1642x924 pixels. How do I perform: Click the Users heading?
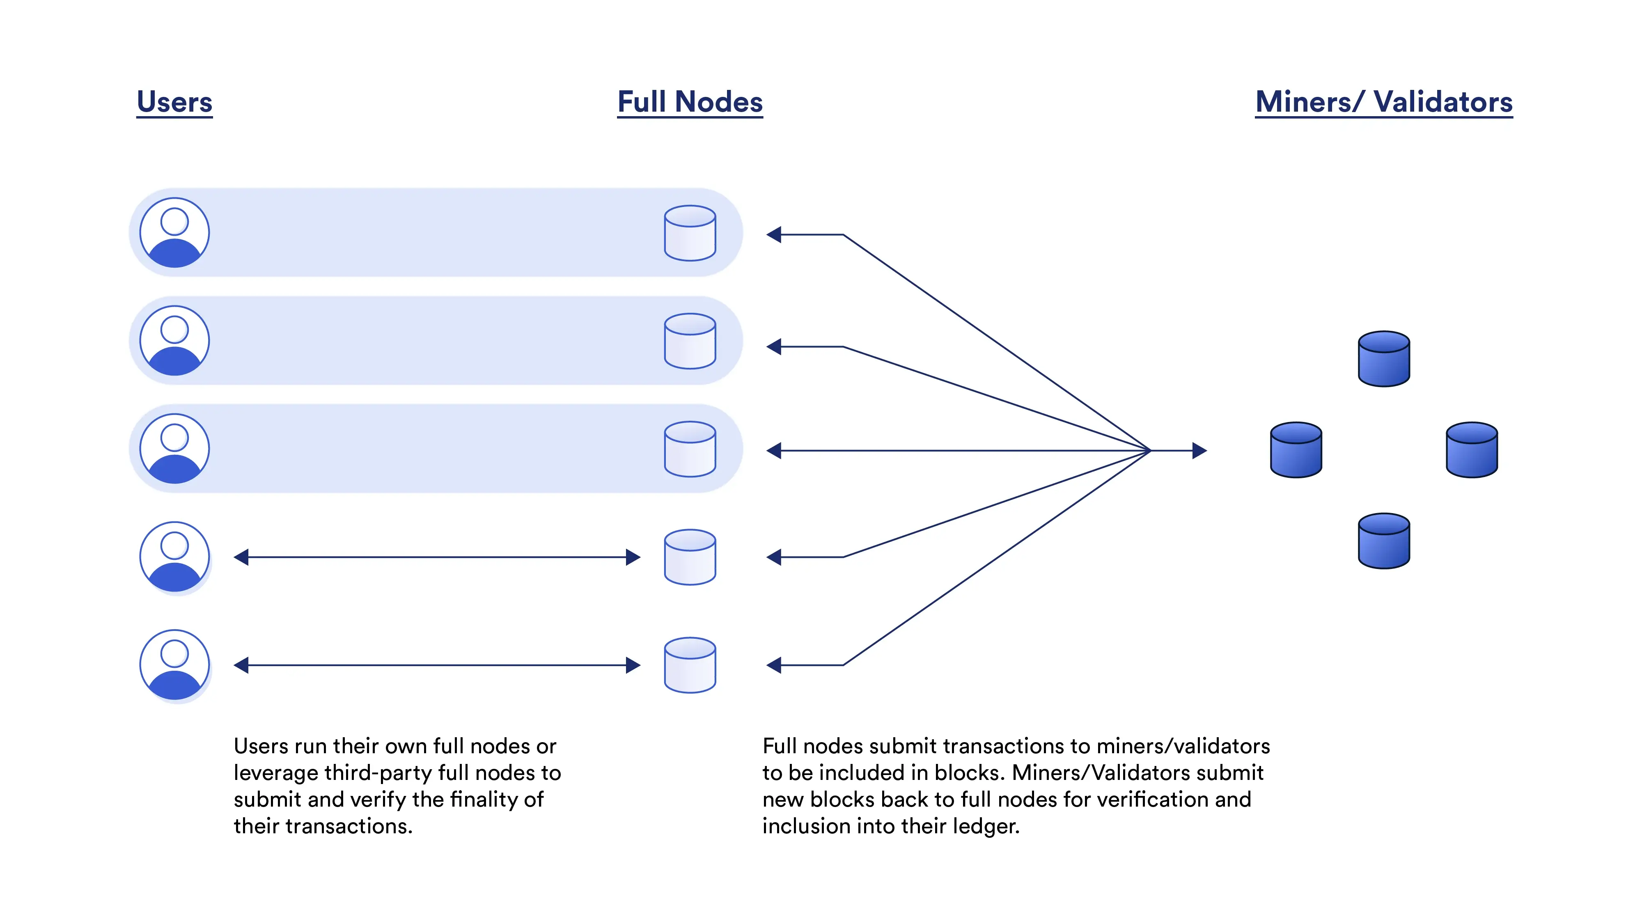(174, 102)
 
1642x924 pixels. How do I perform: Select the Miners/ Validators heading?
(1384, 102)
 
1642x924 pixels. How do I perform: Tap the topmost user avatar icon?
(174, 233)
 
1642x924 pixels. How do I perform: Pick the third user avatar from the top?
(174, 449)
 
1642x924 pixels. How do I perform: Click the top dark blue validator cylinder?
(1384, 359)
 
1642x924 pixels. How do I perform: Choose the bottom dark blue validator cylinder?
(1384, 541)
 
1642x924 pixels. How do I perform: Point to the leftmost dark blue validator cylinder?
(1296, 450)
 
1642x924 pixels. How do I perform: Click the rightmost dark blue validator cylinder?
(1472, 450)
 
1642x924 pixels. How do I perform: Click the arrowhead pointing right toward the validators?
(1199, 451)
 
